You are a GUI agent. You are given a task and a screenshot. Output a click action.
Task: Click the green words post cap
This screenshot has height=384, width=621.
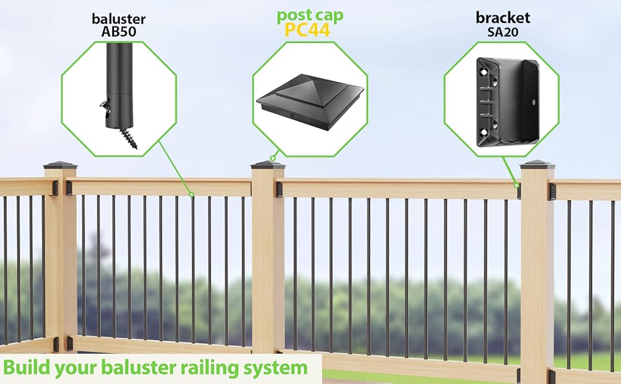[x=310, y=16]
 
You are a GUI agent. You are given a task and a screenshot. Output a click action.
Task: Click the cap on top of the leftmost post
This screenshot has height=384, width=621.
[x=60, y=165]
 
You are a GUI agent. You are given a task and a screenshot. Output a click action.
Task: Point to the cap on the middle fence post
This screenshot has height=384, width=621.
[x=268, y=164]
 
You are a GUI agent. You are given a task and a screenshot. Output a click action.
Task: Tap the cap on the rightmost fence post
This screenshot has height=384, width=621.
[x=536, y=164]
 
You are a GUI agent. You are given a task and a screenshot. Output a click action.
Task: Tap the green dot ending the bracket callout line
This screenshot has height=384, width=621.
[x=517, y=185]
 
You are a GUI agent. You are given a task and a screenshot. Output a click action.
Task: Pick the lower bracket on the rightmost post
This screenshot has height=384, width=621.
[x=551, y=376]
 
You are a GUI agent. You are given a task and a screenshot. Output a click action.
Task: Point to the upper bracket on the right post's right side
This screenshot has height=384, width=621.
[x=552, y=191]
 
